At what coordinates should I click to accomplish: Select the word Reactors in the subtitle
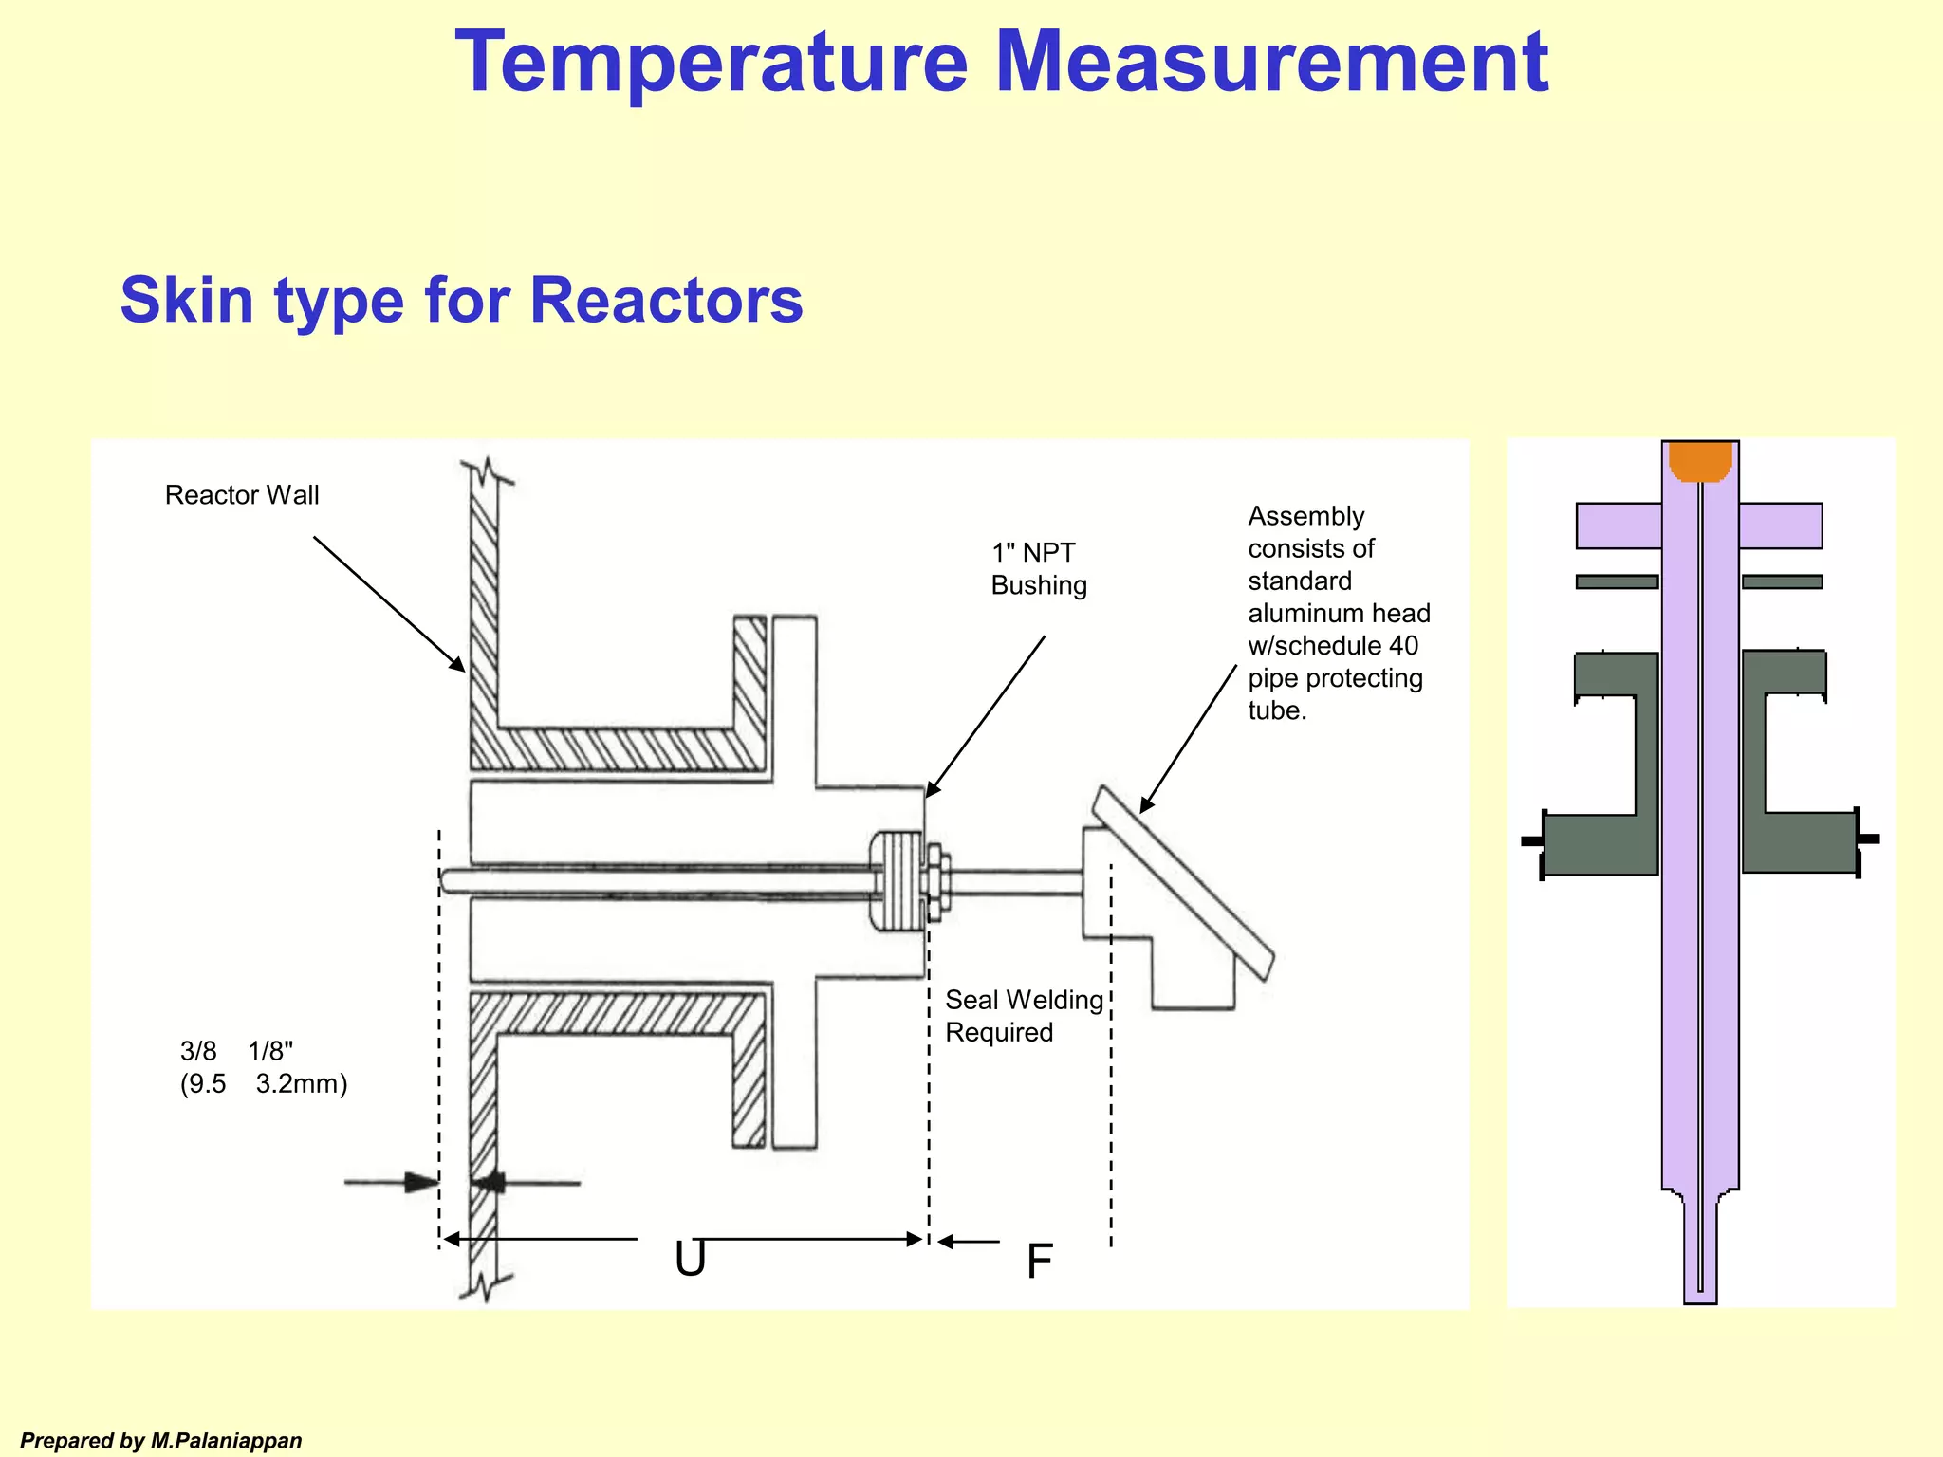click(x=666, y=301)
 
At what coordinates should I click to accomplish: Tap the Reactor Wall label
click(x=242, y=495)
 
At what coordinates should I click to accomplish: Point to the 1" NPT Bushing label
click(x=1038, y=569)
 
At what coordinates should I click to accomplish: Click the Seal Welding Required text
click(x=1024, y=1016)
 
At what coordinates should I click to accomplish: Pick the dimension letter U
click(x=690, y=1260)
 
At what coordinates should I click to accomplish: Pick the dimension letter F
click(x=1040, y=1262)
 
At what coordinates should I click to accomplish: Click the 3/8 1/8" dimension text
click(x=236, y=1051)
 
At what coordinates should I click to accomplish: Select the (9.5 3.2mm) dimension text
click(x=264, y=1083)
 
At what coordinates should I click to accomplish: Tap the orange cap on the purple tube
click(x=1700, y=461)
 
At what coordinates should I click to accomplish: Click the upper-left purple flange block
click(x=1619, y=526)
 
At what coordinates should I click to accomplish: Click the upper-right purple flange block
click(x=1781, y=526)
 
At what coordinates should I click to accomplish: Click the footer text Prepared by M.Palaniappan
click(x=161, y=1441)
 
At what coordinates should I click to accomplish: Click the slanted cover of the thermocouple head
click(x=1182, y=882)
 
